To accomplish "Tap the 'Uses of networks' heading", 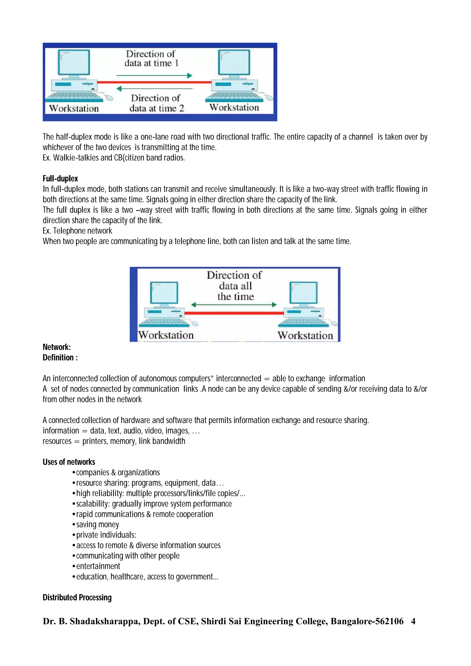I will coord(69,462).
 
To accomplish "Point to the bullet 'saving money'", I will coord(97,524).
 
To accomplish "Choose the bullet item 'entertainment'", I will coord(98,566).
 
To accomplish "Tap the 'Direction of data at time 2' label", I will coord(156,103).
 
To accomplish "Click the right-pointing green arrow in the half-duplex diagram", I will coord(154,76).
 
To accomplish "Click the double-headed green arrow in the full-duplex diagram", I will coord(234,305).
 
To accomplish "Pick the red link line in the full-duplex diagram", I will coord(234,313).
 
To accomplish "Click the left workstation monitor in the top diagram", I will coord(74,62).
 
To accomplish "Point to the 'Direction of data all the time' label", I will coord(235,286).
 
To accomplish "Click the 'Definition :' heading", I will coord(60,357).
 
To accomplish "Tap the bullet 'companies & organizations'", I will coord(118,472).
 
